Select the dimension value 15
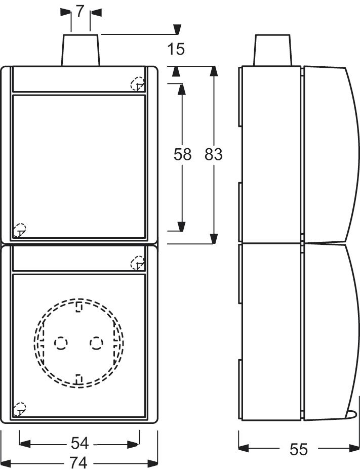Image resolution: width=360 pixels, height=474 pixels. (x=176, y=49)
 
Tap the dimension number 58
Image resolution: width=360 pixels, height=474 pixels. (x=182, y=154)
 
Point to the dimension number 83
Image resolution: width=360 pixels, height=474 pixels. (x=214, y=154)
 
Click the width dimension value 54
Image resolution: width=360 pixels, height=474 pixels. (x=79, y=444)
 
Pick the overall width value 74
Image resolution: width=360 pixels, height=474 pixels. (x=79, y=462)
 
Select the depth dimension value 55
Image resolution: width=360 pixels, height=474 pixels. (x=299, y=449)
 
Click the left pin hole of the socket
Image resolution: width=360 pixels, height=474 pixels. (x=61, y=344)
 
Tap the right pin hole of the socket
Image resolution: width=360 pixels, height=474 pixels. (x=96, y=344)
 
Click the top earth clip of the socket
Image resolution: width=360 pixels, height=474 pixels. (x=79, y=307)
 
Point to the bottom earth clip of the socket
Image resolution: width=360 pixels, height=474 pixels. (x=79, y=378)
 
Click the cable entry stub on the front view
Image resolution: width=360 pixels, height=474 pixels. (x=81, y=50)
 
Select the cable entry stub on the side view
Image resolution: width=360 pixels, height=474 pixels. (x=273, y=50)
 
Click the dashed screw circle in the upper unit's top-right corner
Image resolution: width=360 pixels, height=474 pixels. (x=137, y=84)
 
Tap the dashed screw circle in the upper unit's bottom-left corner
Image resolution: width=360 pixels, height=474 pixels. (x=19, y=229)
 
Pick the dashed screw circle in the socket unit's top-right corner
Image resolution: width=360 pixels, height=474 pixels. (x=137, y=263)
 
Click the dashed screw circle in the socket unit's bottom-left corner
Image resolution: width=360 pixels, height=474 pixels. (x=19, y=409)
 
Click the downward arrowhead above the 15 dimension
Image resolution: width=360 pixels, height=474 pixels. (x=176, y=29)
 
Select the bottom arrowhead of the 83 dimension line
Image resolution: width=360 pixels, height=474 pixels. (x=214, y=237)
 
